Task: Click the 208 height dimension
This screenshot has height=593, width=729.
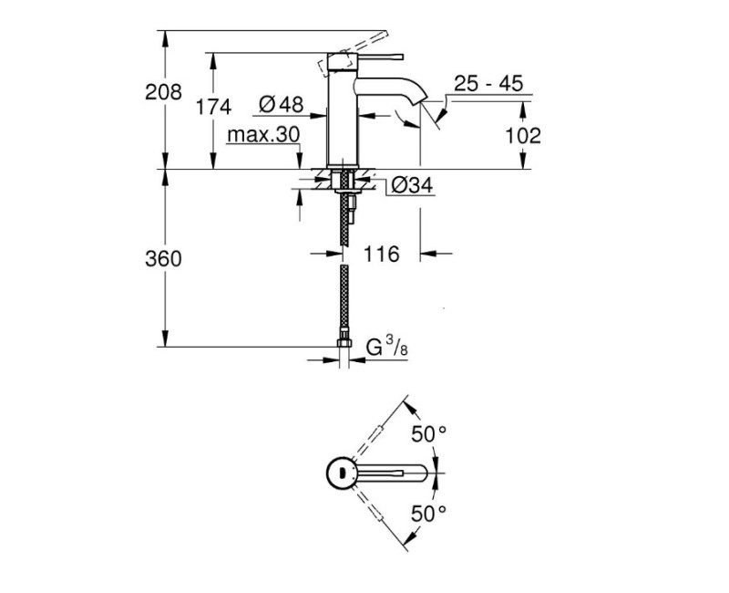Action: (163, 92)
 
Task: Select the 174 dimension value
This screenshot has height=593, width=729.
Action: (213, 108)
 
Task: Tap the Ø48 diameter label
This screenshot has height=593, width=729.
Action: (280, 106)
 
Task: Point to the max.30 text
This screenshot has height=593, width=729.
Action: (263, 135)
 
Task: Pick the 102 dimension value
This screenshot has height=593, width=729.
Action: (522, 135)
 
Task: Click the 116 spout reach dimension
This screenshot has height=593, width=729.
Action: (381, 255)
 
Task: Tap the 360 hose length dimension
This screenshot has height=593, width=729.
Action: (163, 259)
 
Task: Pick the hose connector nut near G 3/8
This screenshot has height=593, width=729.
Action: (344, 344)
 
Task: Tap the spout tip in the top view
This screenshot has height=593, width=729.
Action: (428, 473)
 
